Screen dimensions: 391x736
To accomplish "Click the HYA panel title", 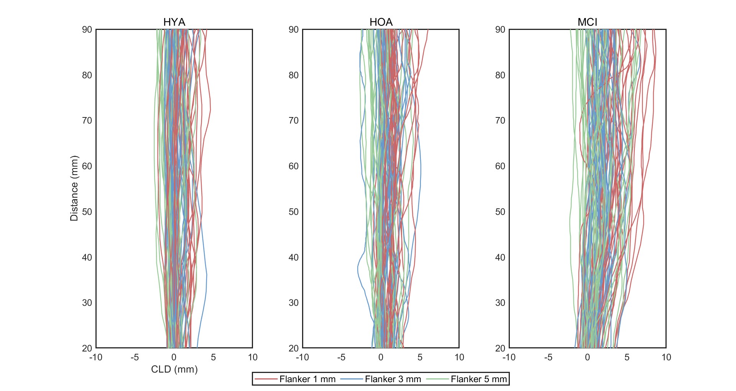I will point(174,22).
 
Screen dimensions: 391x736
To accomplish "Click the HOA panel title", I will point(381,22).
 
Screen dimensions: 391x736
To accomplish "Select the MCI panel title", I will point(587,22).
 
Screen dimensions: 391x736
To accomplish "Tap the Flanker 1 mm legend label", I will point(307,379).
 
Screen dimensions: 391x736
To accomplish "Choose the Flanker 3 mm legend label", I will point(393,379).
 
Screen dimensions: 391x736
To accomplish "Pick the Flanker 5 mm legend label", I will point(478,379).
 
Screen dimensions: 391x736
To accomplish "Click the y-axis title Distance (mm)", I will point(74,188).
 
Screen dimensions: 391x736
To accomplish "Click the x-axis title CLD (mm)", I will point(174,369).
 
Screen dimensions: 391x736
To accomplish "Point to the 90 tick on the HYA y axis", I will point(87,30).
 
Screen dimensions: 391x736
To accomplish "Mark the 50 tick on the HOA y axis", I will point(294,212).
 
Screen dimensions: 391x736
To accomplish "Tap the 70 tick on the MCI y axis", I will point(500,120).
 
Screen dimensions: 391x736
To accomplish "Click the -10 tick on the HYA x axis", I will point(96,357).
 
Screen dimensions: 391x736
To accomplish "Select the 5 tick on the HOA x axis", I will point(420,357).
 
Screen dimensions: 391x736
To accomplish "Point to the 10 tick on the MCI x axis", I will point(666,357).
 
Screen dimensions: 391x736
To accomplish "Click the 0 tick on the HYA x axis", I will point(174,357).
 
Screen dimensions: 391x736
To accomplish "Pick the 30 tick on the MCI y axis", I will point(500,303).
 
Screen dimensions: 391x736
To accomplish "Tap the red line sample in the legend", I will point(266,379).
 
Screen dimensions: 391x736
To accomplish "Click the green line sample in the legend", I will point(437,379).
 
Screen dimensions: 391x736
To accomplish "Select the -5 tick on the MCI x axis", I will point(548,357).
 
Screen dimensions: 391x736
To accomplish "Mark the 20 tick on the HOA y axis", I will point(294,348).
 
